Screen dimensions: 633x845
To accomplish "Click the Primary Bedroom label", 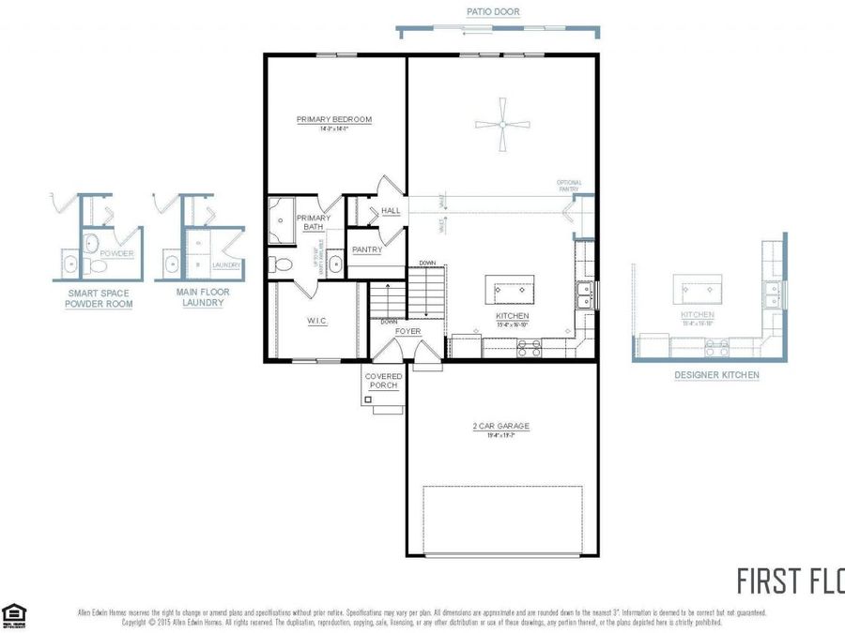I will point(334,120).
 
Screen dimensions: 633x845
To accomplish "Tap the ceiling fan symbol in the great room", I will point(503,124).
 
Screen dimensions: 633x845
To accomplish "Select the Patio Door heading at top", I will point(493,12).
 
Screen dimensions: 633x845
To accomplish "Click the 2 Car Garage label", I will point(500,427).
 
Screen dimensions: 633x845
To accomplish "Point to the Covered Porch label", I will point(383,381).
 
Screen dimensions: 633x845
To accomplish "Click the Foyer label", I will point(407,331).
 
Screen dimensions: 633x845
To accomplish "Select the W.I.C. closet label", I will point(316,322).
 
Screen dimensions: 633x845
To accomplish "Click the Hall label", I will point(391,211).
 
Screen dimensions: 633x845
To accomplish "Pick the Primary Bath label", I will point(313,222).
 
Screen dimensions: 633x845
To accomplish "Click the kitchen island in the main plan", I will point(509,288).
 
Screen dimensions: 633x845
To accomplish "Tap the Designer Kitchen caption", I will point(716,375).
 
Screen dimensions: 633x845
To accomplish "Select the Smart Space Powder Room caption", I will point(99,298).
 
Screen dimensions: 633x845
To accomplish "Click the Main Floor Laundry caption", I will point(202,298).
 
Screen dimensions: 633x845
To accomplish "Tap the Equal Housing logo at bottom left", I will point(12,614).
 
